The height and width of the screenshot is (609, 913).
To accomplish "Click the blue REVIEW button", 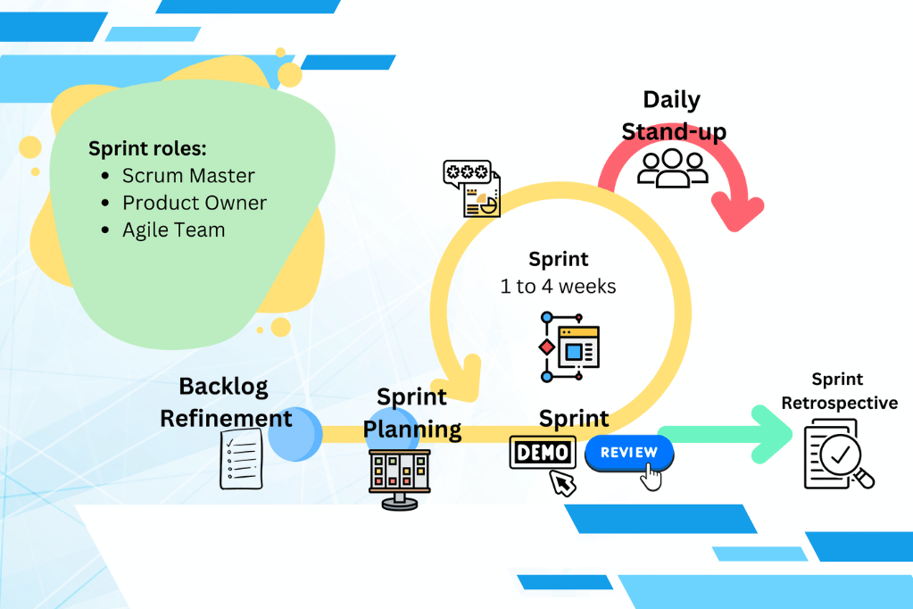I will (629, 453).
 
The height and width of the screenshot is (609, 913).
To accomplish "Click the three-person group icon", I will (672, 167).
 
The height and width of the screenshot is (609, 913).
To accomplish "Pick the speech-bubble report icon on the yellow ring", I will (471, 188).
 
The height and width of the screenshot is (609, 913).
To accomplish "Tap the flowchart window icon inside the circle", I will (569, 346).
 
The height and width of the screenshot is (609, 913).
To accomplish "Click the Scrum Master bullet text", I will (188, 176).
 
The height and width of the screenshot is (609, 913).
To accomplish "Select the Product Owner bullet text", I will (195, 203).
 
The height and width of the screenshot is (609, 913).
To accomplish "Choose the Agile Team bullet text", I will (173, 229).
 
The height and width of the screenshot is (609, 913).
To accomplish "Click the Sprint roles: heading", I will (147, 148).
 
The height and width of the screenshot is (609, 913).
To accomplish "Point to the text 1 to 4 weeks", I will (559, 287).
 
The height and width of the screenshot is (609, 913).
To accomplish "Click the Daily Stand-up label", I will (673, 116).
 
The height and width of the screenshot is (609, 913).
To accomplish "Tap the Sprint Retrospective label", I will (839, 392).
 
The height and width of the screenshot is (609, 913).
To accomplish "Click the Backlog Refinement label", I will (225, 402).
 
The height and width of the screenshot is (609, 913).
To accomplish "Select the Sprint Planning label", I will (411, 413).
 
